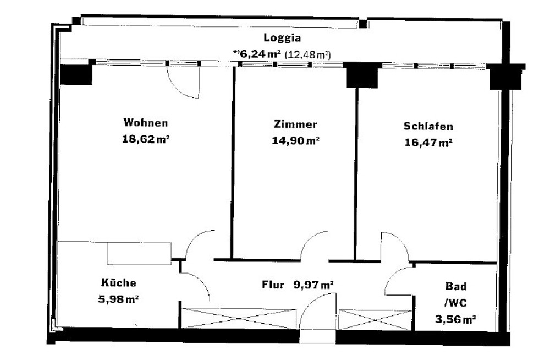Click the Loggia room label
tap(282, 37)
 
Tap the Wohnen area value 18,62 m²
tap(146, 139)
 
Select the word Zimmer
tap(295, 124)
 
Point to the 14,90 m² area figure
tap(295, 141)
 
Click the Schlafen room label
tap(428, 126)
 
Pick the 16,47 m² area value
tap(428, 143)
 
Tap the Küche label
tap(119, 282)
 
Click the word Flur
tap(273, 284)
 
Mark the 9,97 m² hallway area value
tap(313, 285)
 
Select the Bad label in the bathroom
tap(455, 286)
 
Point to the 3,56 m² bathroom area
tap(455, 319)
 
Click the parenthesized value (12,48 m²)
tap(307, 55)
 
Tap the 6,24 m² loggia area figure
tap(257, 54)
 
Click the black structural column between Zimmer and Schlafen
tap(362, 75)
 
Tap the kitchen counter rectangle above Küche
tap(139, 253)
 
